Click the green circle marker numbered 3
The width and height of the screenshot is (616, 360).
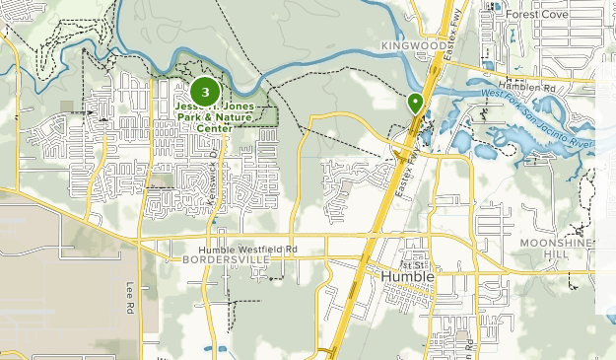[x=204, y=93]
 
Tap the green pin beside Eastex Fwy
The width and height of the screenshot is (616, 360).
[x=415, y=102]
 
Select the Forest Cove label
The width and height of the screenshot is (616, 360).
[x=538, y=16]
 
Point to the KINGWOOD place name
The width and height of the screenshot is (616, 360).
[x=412, y=45]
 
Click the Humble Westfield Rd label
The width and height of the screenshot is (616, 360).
[x=247, y=250]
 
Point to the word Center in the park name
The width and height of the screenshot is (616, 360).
[x=214, y=128]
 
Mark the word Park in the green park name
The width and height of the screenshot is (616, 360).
[x=191, y=117]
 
